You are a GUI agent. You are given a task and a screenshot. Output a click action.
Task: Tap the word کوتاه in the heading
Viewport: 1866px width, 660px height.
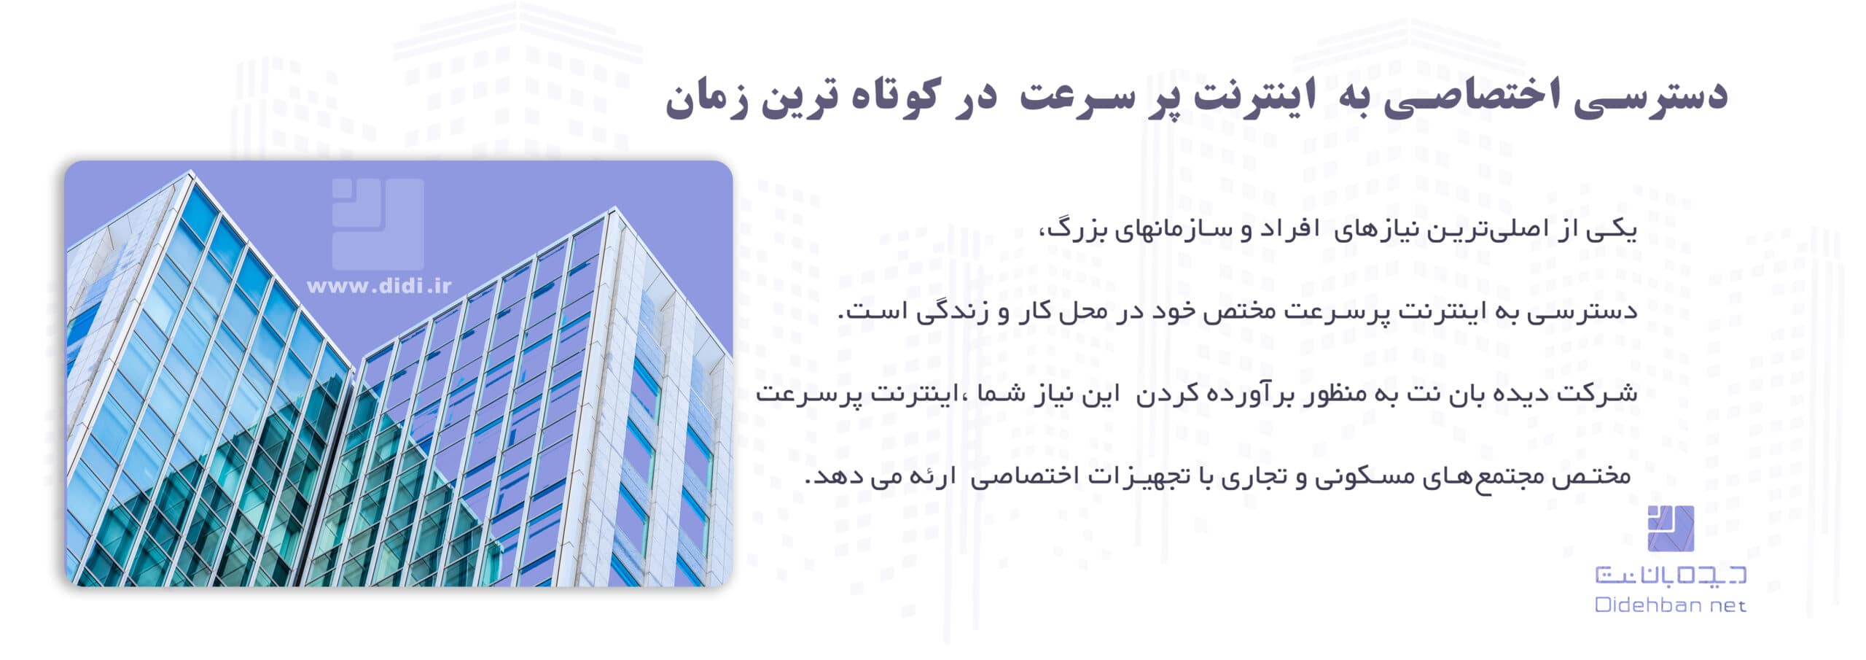click(x=886, y=98)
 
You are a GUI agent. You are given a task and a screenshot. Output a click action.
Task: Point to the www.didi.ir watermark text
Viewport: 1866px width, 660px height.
click(x=379, y=286)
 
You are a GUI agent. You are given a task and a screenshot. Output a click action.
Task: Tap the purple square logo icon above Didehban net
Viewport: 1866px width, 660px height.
click(x=1670, y=528)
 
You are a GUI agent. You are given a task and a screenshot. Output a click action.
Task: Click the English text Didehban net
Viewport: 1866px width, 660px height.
click(x=1670, y=605)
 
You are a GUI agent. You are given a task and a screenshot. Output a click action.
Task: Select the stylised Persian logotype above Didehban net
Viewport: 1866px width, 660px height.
click(x=1670, y=575)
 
